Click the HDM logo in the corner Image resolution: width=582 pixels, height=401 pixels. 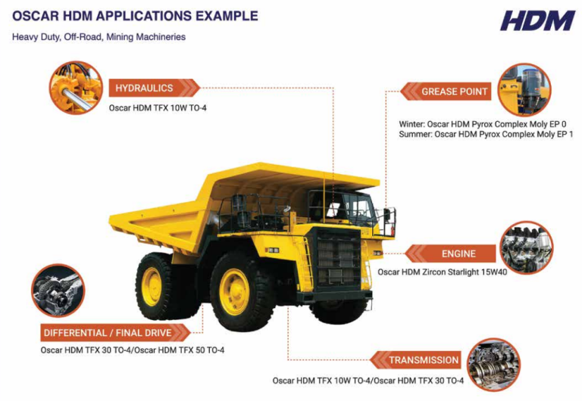[537, 20]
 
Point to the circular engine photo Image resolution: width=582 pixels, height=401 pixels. [527, 247]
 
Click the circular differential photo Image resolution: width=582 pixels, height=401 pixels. [58, 290]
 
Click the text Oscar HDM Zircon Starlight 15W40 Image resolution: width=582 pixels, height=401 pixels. [443, 272]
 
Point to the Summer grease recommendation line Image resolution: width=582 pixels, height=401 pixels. [486, 134]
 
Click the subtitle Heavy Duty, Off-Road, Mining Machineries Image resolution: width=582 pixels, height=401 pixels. [99, 36]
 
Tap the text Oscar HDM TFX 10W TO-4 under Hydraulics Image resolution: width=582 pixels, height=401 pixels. [158, 107]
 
